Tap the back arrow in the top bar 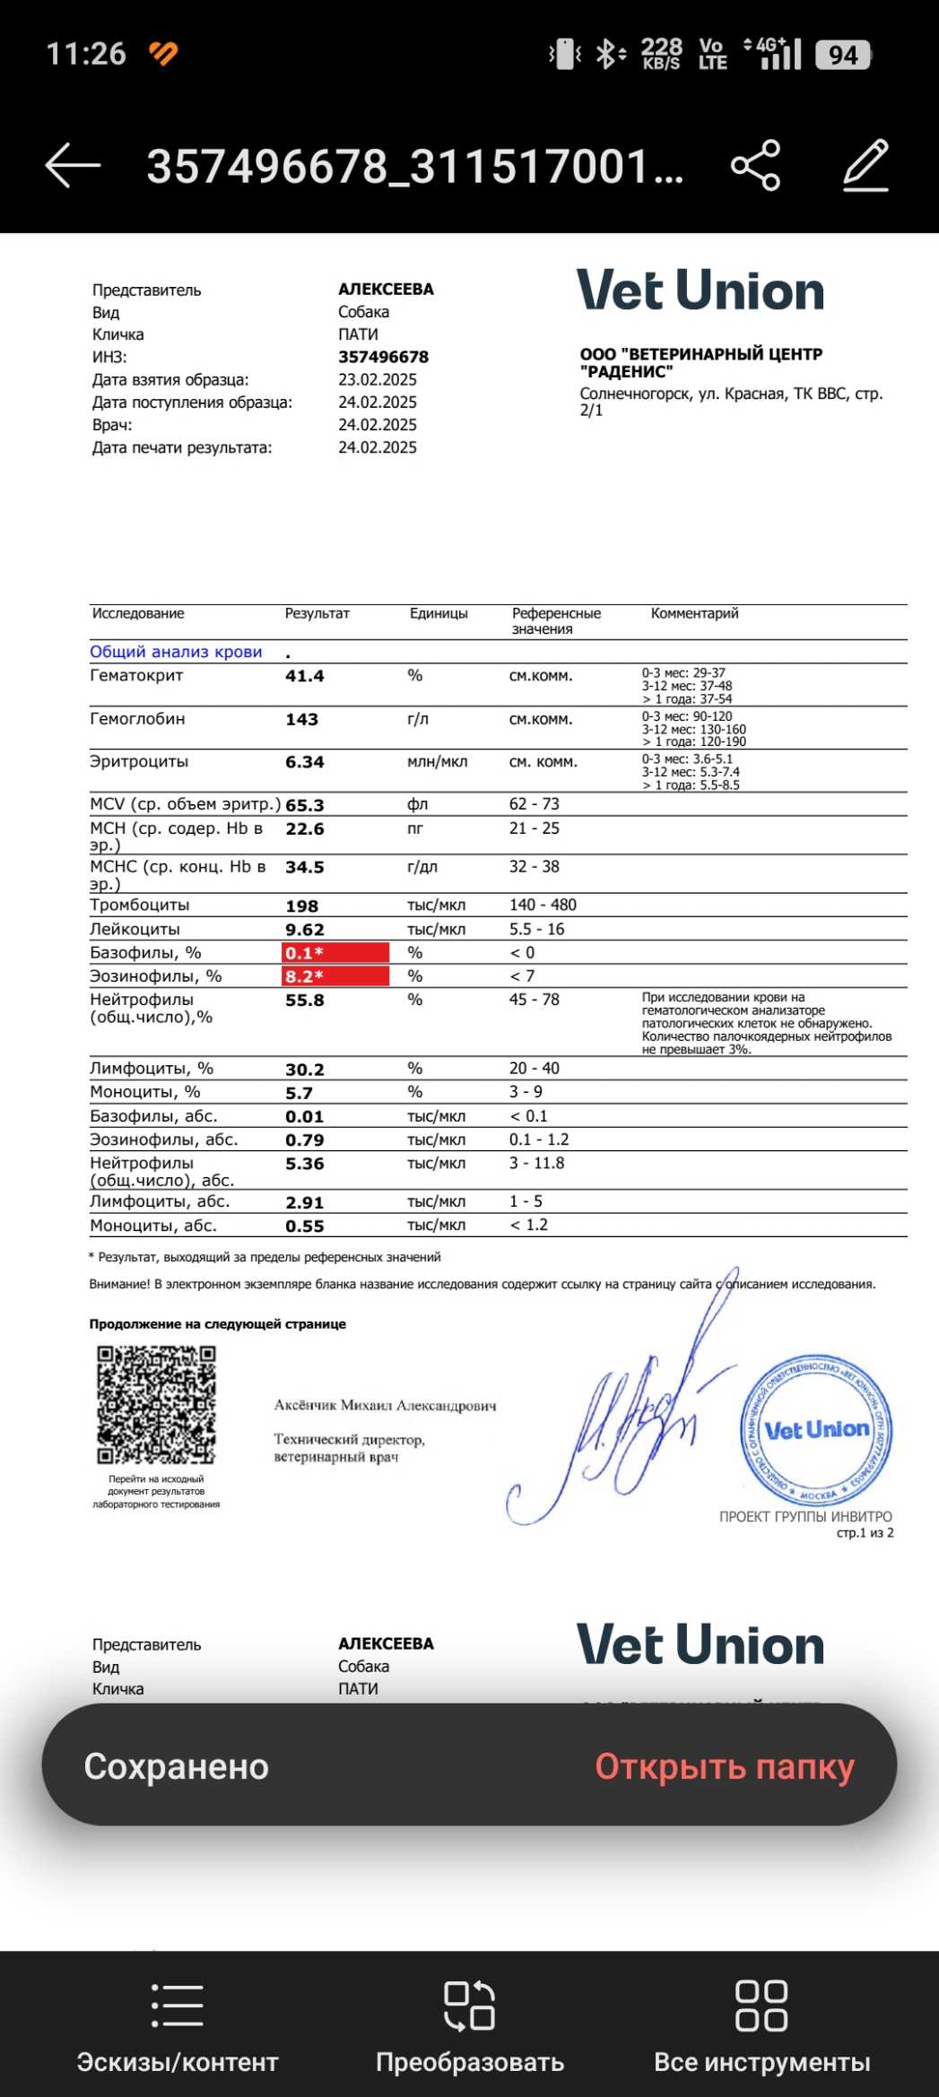click(73, 166)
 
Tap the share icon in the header click(755, 166)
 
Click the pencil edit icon click(865, 166)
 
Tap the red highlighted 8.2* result click(335, 976)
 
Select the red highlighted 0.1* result click(335, 953)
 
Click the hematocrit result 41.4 click(305, 676)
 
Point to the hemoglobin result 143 click(302, 719)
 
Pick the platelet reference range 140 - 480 click(543, 905)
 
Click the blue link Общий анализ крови click(176, 652)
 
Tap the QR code click(157, 1405)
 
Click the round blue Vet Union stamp click(816, 1430)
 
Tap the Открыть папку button click(725, 1766)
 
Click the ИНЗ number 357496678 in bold click(383, 357)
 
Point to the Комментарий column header click(694, 613)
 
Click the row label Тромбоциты click(140, 905)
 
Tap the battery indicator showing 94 click(842, 55)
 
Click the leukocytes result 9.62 click(305, 930)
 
